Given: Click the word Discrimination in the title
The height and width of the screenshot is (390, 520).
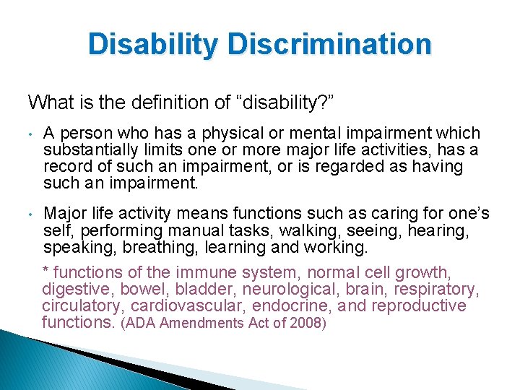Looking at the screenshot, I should click(329, 44).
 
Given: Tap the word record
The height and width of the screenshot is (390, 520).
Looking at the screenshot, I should click(66, 166).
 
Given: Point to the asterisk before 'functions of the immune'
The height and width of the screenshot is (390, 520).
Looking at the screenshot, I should click(46, 271).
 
